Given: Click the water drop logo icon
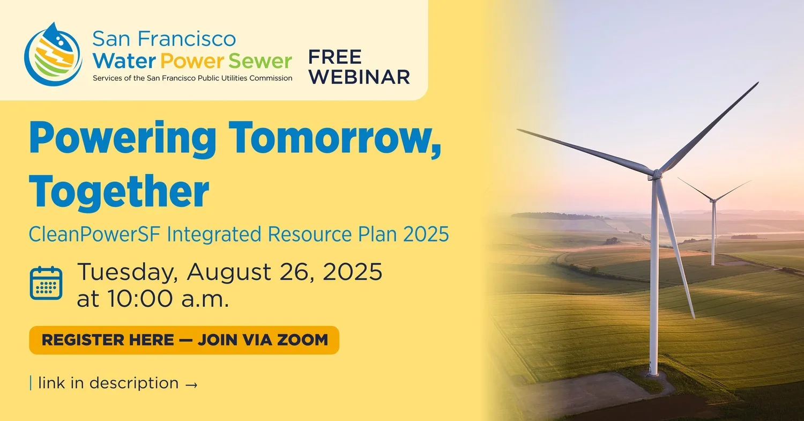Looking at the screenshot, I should (53, 55).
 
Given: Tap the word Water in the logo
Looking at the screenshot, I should (124, 61).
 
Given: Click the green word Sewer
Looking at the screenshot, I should (260, 61).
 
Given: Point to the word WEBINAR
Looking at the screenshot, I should (359, 77).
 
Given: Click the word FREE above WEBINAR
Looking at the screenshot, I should (335, 57).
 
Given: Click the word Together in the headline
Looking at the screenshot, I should (118, 191).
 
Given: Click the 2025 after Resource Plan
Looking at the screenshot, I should (426, 235).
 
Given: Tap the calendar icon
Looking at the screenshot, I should (46, 283).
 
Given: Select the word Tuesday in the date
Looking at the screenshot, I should (126, 272).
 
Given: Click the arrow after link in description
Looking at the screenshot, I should (191, 384).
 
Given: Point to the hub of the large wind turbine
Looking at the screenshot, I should (656, 174).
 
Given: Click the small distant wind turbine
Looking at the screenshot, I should (713, 225).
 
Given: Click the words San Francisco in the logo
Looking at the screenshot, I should (163, 39).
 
